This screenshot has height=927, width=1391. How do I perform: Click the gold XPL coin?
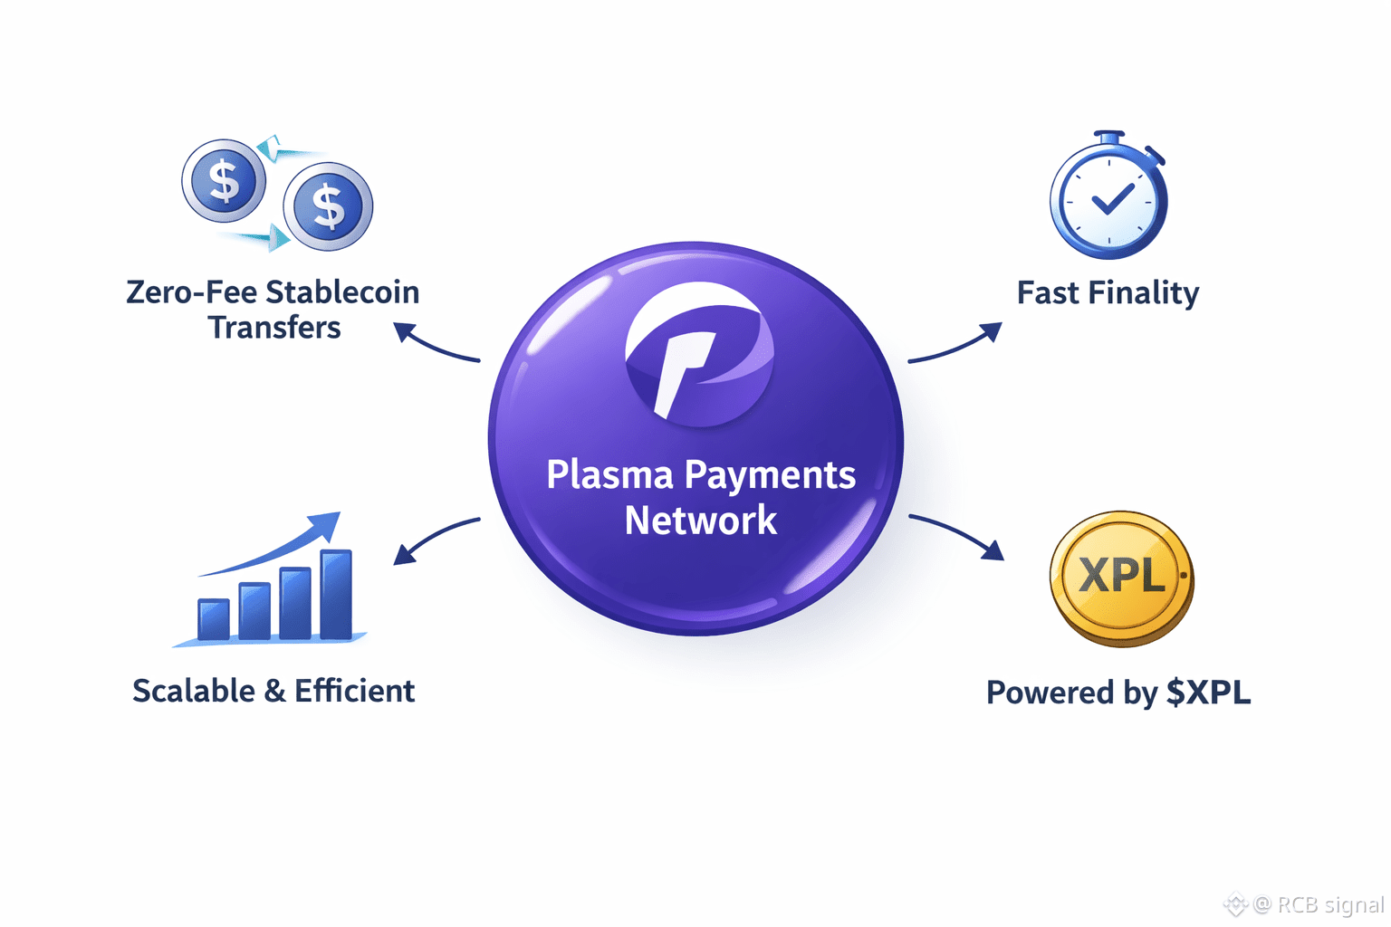[1121, 578]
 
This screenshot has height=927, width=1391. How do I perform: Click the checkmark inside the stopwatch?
[1112, 198]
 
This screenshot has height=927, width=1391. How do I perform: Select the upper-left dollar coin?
[224, 181]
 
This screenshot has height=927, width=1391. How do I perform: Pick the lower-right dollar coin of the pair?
[328, 206]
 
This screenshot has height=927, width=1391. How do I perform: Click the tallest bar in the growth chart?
[336, 594]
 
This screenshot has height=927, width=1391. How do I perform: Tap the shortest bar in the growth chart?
[214, 619]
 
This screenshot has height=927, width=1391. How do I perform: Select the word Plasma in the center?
[609, 475]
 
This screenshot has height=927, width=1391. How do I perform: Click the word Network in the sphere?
[700, 521]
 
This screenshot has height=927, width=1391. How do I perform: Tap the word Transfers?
[274, 328]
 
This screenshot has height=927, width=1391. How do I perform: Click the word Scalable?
[194, 691]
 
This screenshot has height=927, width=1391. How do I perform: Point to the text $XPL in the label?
[1208, 693]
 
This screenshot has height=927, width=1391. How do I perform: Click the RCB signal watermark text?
[1329, 904]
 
